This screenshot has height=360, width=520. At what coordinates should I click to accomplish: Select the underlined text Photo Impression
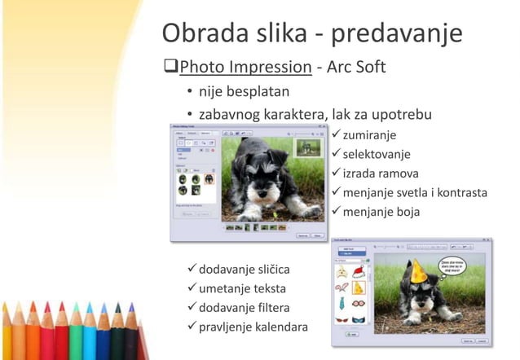[x=245, y=67]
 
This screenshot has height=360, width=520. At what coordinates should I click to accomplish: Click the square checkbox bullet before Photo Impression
[x=170, y=67]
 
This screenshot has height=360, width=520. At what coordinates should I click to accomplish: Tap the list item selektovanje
[x=376, y=153]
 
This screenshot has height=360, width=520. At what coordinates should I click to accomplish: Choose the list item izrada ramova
[x=380, y=173]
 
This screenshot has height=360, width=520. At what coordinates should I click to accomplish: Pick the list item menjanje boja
[x=381, y=212]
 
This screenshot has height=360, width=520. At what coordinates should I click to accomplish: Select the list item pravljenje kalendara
[x=253, y=327]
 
